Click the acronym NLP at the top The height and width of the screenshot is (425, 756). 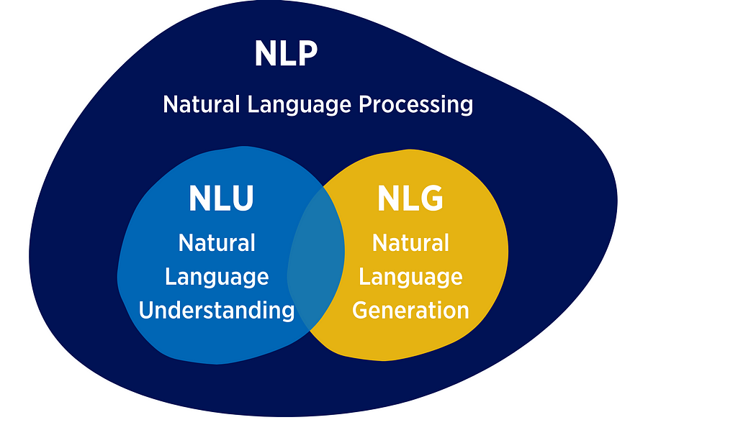tap(286, 54)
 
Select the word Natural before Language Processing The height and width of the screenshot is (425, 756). tap(202, 104)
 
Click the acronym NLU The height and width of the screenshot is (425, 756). tap(220, 199)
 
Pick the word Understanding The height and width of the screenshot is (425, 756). tap(217, 311)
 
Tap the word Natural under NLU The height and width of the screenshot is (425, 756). tap(217, 243)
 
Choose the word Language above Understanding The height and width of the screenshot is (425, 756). tap(217, 277)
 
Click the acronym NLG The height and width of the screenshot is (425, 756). tap(410, 199)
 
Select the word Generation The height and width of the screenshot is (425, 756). tap(410, 311)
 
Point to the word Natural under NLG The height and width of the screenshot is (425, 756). tap(410, 243)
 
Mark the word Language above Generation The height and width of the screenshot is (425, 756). tap(410, 277)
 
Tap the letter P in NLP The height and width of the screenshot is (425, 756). tap(306, 54)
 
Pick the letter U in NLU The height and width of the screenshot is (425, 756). tap(242, 199)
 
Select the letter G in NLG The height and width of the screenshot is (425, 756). tap(431, 199)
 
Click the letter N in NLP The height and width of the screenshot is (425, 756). tap(265, 54)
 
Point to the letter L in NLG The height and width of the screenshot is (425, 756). tap(410, 199)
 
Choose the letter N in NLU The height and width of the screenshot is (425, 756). tap(199, 199)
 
